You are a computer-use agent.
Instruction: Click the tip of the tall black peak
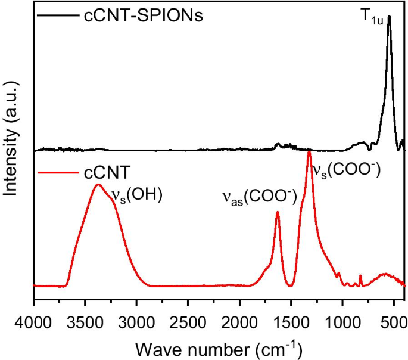[x=389, y=17]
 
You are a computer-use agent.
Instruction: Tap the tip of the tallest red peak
[x=309, y=152]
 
